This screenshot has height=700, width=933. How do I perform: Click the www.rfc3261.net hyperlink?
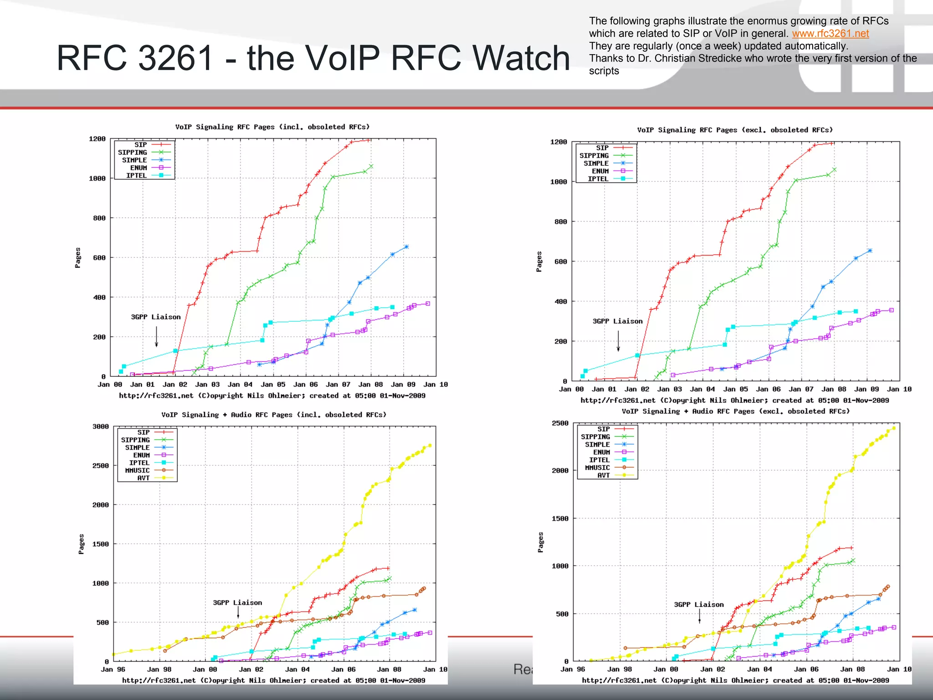coord(830,34)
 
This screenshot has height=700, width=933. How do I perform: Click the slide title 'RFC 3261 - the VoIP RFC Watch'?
coord(313,58)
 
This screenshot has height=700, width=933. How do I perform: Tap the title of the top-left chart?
coord(272,127)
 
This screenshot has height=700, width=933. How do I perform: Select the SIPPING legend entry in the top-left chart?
coord(133,153)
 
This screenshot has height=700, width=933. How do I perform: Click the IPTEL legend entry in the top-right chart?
coord(598,179)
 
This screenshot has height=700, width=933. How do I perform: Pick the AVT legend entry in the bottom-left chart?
coord(144,478)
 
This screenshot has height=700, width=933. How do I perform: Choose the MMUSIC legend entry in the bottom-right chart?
coord(597,468)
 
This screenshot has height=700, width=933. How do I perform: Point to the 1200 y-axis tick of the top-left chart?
coord(97,139)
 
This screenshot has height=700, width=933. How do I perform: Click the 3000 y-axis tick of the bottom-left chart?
coord(101,427)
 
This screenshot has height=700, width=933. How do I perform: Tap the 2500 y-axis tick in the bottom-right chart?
coord(560,423)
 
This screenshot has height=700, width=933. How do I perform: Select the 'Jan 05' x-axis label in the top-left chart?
coord(273,385)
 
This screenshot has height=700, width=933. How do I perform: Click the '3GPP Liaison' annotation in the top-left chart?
coord(156,317)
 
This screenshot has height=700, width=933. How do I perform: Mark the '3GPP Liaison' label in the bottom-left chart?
coord(237,603)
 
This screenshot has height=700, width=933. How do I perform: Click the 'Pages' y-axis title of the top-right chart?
coord(539,262)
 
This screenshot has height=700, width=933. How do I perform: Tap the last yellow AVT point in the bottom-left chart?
coord(430,445)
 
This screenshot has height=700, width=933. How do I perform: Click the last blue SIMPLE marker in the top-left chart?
coord(406,247)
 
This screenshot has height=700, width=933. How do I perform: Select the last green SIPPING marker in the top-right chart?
coord(834,170)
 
